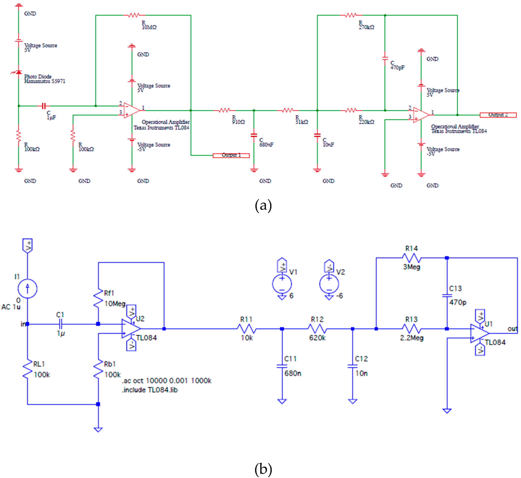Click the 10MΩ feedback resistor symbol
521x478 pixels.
point(134,15)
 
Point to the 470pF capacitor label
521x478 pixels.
point(397,68)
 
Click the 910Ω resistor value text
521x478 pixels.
point(238,122)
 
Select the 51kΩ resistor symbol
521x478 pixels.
point(288,110)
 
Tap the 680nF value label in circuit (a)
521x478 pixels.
point(266,145)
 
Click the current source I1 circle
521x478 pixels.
point(27,288)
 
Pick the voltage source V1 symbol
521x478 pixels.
point(282,284)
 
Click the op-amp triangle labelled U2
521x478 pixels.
point(131,329)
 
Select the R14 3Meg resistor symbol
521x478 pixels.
point(412,258)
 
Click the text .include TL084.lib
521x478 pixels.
point(150,390)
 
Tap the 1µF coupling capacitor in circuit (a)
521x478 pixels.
point(44,106)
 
